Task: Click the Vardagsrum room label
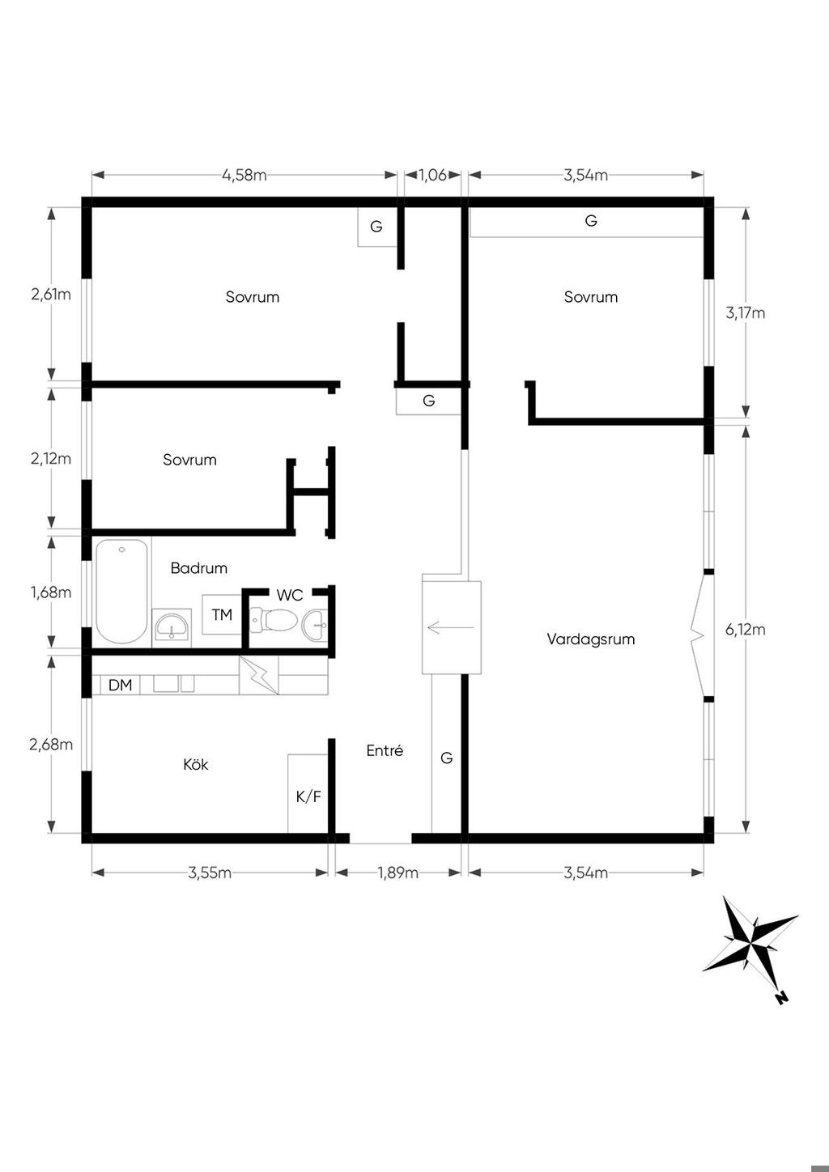(590, 639)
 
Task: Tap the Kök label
(196, 764)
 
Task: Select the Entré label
(385, 750)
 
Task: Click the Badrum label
(199, 568)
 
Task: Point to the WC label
(289, 595)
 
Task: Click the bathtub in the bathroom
(121, 591)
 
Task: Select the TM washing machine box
(222, 614)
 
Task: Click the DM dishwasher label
(120, 685)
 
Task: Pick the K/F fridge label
(308, 796)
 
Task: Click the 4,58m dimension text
(244, 175)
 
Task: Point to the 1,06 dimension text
(433, 175)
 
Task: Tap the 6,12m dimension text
(746, 630)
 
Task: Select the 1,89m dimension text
(397, 873)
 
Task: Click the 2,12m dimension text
(51, 458)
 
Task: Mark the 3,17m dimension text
(746, 313)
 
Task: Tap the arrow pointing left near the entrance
(451, 626)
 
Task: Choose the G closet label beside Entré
(446, 757)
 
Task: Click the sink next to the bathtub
(172, 627)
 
